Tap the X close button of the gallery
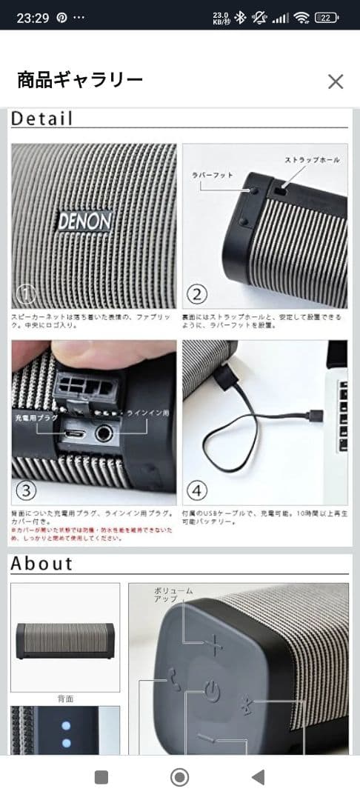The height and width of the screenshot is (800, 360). pyautogui.click(x=336, y=81)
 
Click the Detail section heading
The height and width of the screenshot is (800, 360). pyautogui.click(x=41, y=119)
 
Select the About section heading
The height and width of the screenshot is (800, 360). pyautogui.click(x=41, y=564)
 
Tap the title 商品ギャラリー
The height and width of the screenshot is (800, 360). pyautogui.click(x=79, y=80)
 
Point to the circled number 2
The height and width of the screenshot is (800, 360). pyautogui.click(x=197, y=295)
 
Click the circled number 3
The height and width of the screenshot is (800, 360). pyautogui.click(x=27, y=490)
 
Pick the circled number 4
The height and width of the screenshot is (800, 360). pyautogui.click(x=198, y=490)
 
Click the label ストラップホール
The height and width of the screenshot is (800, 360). pyautogui.click(x=312, y=160)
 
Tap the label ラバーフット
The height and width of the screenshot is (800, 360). pyautogui.click(x=213, y=176)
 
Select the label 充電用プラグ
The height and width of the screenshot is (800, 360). pyautogui.click(x=36, y=419)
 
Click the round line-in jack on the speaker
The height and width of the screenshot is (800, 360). pyautogui.click(x=106, y=433)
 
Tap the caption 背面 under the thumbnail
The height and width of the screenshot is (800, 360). pyautogui.click(x=65, y=699)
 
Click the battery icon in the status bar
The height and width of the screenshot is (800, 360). pyautogui.click(x=327, y=18)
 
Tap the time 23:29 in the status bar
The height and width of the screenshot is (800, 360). pyautogui.click(x=33, y=18)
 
